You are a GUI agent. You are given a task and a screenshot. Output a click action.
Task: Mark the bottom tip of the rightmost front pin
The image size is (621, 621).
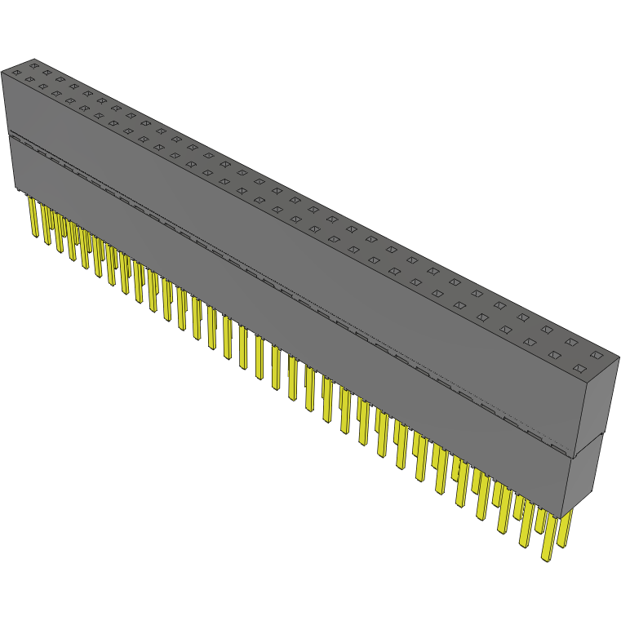(x=548, y=560)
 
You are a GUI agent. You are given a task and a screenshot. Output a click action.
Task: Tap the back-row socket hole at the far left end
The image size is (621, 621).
(x=34, y=63)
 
